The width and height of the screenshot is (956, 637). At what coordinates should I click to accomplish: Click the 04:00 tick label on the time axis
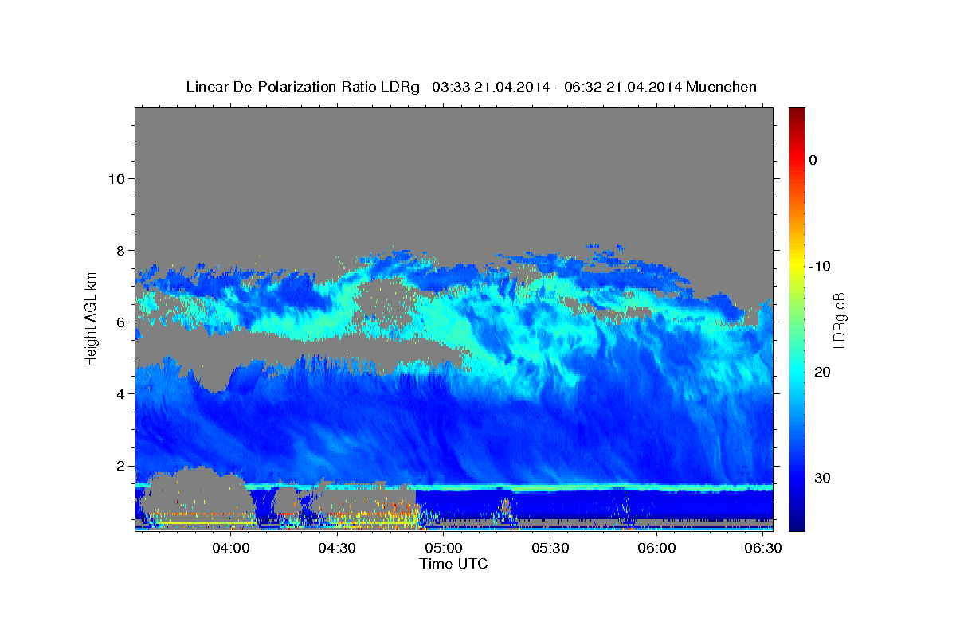click(231, 548)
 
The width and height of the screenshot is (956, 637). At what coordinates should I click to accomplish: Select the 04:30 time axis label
click(337, 548)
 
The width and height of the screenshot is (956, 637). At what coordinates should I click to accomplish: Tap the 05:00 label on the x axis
click(444, 548)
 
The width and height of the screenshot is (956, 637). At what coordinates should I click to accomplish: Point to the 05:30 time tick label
click(550, 548)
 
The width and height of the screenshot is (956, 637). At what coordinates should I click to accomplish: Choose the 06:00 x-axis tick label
click(656, 548)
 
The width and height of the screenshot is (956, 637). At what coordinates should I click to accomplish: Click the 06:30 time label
click(763, 548)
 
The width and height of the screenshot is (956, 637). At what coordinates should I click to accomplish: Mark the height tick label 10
click(116, 179)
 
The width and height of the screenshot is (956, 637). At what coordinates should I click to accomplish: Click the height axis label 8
click(121, 251)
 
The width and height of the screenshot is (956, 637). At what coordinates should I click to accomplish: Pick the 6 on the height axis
click(121, 322)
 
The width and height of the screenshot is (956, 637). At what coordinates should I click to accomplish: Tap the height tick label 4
click(121, 394)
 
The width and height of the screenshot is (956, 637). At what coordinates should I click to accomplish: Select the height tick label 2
click(121, 466)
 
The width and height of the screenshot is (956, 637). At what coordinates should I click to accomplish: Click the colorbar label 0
click(813, 160)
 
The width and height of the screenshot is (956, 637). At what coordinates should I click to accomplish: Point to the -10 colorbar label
click(820, 266)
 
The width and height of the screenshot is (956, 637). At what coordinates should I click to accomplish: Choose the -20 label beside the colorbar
click(820, 372)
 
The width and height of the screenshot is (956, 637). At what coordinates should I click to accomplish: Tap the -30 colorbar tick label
click(820, 478)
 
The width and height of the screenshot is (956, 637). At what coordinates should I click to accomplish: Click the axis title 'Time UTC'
click(453, 564)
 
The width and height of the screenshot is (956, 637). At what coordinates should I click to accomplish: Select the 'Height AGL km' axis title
click(91, 319)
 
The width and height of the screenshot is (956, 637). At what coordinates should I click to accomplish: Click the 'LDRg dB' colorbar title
click(839, 320)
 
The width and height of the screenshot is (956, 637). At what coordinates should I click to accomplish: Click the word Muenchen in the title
click(721, 87)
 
